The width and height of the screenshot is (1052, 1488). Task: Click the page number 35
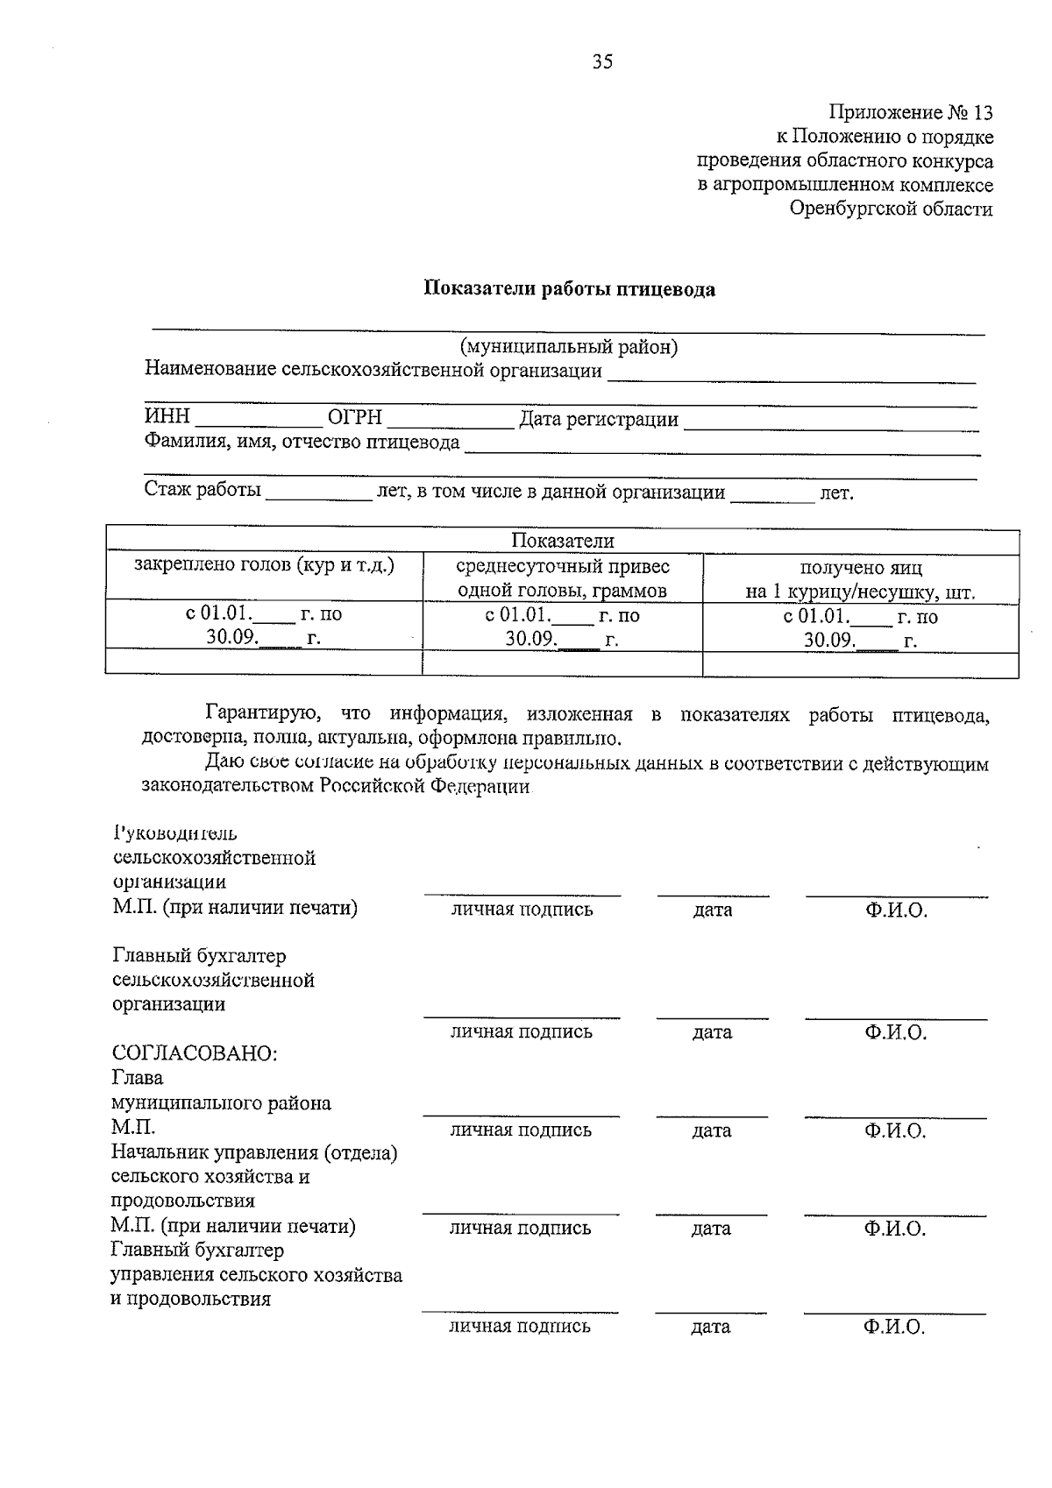pos(602,61)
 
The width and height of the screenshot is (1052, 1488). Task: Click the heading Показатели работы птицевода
pos(569,289)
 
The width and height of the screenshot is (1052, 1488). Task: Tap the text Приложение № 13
pos(911,113)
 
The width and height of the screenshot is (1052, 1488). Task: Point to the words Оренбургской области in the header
pos(891,209)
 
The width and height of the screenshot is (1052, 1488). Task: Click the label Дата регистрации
pos(599,420)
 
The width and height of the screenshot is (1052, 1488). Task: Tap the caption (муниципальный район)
pos(569,347)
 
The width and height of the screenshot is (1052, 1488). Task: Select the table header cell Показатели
pos(562,541)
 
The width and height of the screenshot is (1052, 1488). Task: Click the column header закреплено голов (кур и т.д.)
pos(264,565)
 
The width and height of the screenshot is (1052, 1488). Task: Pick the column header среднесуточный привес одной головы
pos(562,578)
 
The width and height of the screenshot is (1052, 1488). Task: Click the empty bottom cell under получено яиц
pos(860,663)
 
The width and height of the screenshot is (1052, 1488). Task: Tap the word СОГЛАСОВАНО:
pos(195,1053)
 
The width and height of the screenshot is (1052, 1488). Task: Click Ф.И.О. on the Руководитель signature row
pos(895,911)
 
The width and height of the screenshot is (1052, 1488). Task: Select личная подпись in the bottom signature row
pos(520,1327)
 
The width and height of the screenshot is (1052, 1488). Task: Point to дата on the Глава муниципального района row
pos(711,1130)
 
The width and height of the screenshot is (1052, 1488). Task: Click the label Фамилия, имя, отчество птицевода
pos(302,443)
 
